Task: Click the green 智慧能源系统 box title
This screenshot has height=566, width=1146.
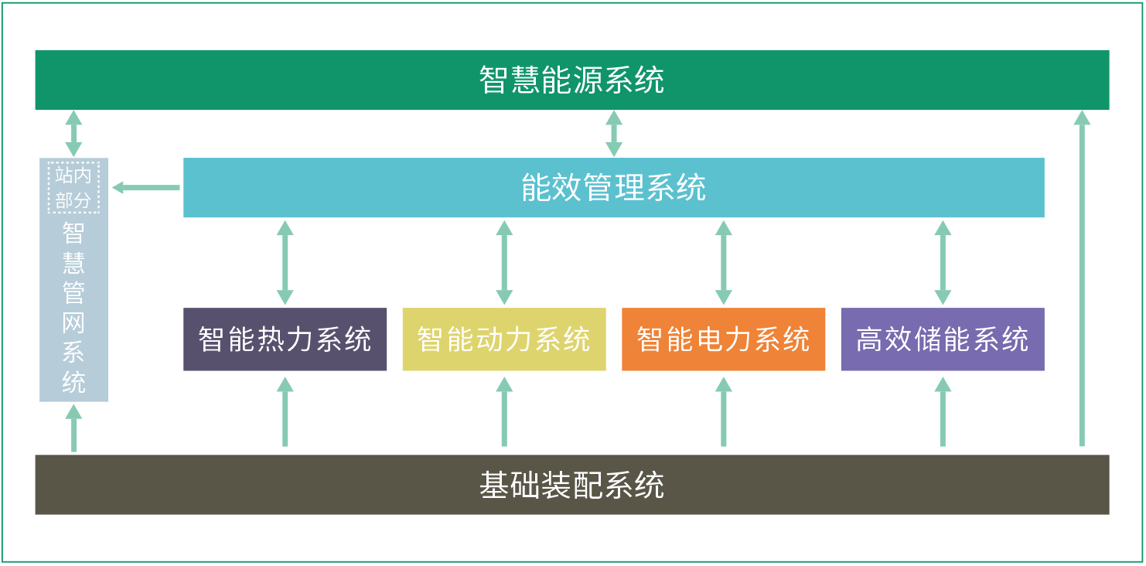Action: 571,80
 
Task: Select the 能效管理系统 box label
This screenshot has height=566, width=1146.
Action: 613,187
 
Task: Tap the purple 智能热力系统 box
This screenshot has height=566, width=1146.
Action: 285,339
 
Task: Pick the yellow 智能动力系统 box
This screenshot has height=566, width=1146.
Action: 504,339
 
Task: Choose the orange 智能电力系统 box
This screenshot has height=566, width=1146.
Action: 724,339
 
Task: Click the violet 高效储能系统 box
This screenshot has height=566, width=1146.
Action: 943,339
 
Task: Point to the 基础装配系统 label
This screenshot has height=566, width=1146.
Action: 571,485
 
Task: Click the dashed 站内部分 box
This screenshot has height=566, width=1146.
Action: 73,187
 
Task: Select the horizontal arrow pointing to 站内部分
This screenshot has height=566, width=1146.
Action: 146,188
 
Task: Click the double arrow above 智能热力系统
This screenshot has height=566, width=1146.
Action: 285,263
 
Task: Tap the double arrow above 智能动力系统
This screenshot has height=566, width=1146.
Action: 504,263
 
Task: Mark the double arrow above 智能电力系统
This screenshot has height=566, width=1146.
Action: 724,263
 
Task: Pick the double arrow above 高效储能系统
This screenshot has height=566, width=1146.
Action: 943,263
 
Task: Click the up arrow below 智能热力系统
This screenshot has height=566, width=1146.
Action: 285,412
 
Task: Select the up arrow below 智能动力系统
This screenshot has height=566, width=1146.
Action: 504,412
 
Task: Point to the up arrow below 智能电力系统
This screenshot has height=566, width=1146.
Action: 724,412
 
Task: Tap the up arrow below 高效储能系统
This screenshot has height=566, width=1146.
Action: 943,412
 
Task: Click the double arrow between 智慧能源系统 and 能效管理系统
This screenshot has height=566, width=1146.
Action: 613,134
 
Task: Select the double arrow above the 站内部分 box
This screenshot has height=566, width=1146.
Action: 73,134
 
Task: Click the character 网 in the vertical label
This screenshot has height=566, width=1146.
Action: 73,323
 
